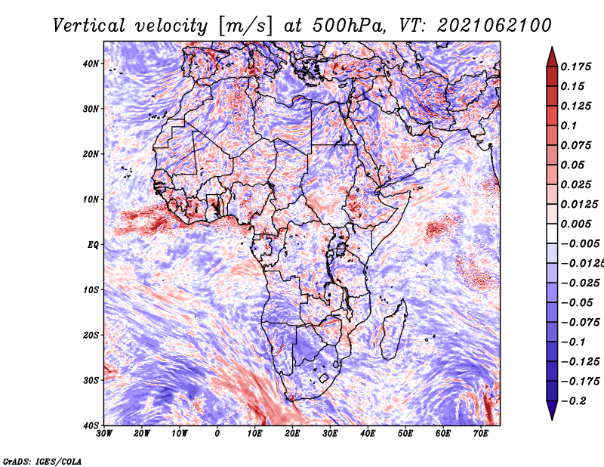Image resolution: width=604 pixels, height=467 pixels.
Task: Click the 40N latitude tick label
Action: click(x=91, y=63)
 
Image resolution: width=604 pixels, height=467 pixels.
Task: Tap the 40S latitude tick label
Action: click(x=91, y=425)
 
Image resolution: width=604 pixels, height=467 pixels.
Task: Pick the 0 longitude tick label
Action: click(x=217, y=434)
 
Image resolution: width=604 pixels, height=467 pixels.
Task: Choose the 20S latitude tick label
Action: click(x=91, y=335)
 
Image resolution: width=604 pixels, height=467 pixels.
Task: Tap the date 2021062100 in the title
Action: click(x=485, y=25)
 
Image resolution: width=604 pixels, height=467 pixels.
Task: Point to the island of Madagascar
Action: click(x=393, y=328)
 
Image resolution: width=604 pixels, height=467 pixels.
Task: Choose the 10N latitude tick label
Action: click(x=91, y=199)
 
